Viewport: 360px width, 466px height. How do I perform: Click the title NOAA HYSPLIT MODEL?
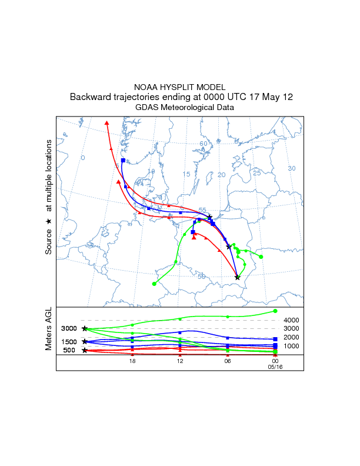179,86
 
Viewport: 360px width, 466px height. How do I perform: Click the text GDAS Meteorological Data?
179,108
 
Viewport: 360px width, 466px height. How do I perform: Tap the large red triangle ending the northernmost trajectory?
106,123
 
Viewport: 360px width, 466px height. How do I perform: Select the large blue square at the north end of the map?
123,160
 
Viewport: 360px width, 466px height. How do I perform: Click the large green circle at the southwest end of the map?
154,284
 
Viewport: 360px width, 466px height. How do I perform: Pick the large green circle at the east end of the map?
261,257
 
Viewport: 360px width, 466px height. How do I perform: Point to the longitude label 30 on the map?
291,169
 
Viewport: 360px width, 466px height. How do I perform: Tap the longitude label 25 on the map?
256,173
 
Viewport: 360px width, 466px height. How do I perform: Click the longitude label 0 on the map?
83,158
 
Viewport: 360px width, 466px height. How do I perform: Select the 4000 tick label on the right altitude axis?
292,320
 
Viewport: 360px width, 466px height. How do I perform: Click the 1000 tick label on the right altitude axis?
292,346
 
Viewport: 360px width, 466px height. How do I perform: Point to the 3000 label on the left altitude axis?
69,329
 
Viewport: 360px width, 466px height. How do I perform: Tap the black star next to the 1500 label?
85,341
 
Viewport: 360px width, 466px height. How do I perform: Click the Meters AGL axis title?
49,329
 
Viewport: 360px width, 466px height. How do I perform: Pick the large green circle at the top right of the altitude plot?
275,311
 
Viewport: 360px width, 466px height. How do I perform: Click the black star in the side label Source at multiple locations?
49,221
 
